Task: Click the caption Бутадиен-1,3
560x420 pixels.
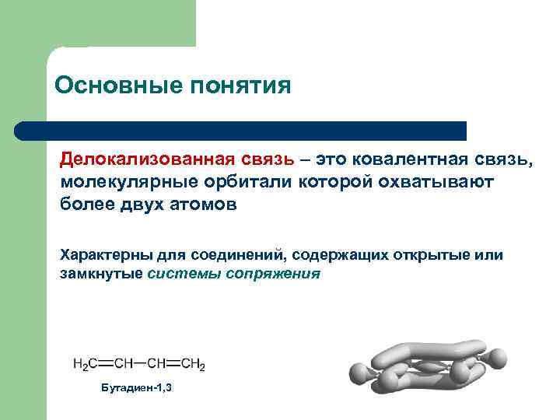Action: point(137,387)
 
